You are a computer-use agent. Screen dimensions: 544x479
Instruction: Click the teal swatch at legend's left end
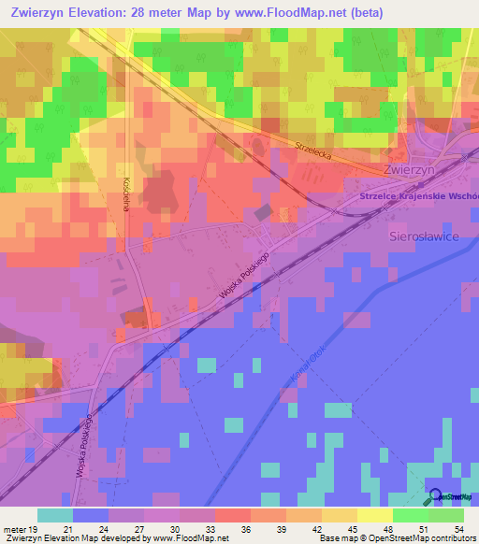click(x=54, y=515)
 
